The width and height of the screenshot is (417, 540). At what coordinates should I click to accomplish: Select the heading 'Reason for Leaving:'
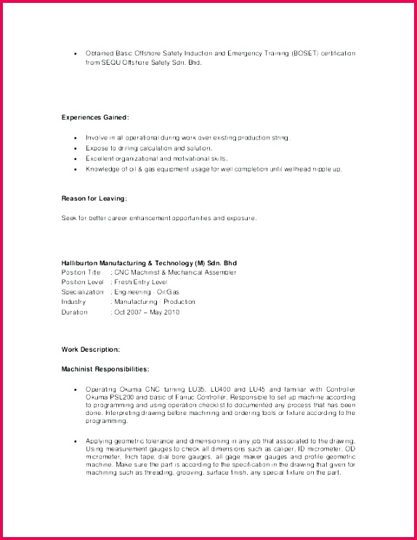click(x=94, y=198)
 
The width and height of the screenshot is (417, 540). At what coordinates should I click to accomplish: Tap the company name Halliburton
click(x=84, y=262)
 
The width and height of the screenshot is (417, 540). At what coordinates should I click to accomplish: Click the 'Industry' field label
click(x=73, y=302)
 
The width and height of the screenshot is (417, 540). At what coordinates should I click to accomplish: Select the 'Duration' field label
click(x=74, y=312)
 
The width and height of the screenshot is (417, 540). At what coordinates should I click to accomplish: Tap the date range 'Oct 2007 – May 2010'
click(x=147, y=312)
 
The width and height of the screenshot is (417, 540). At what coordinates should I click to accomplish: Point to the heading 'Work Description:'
click(x=91, y=350)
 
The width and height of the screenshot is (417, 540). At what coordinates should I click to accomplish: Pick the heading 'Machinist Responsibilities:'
click(x=105, y=369)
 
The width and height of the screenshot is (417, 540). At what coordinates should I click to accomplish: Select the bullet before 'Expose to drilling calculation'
click(x=76, y=148)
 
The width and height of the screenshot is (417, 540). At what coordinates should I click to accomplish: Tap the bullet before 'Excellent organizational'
click(x=76, y=158)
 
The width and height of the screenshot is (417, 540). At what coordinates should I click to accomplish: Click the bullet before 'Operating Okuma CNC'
click(x=76, y=390)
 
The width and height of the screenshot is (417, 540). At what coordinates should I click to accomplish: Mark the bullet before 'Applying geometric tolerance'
click(x=76, y=440)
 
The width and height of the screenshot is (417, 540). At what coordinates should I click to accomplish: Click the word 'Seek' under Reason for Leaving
click(x=68, y=217)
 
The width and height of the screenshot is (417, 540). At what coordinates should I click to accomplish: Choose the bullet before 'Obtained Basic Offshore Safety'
click(x=76, y=53)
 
